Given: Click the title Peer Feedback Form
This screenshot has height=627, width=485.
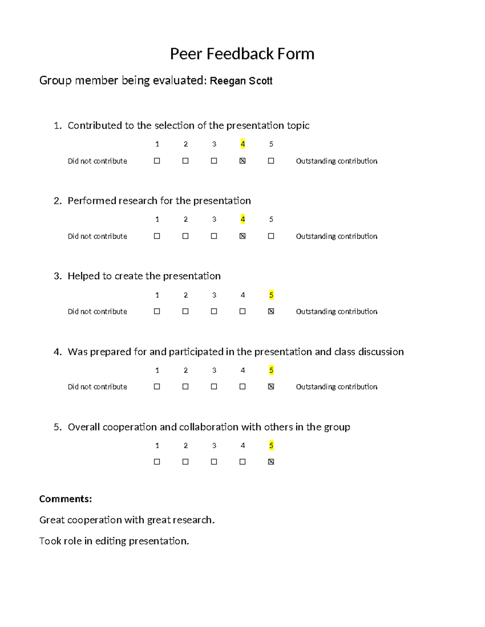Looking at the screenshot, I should pyautogui.click(x=242, y=54).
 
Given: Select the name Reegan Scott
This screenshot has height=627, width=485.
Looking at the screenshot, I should pyautogui.click(x=241, y=81).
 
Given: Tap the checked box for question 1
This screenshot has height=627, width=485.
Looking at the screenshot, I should pyautogui.click(x=242, y=161).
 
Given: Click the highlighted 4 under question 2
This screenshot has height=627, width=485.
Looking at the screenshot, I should pyautogui.click(x=242, y=219).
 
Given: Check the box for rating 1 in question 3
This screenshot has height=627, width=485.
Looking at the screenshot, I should pyautogui.click(x=157, y=311).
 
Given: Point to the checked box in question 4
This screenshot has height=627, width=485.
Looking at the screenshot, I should pyautogui.click(x=271, y=386).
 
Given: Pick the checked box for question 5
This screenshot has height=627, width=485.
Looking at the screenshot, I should pyautogui.click(x=271, y=461).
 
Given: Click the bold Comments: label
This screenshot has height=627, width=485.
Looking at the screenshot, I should pyautogui.click(x=65, y=499).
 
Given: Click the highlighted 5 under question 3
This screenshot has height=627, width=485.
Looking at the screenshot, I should pyautogui.click(x=271, y=295).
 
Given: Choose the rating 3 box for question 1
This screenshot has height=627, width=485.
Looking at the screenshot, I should pyautogui.click(x=214, y=161).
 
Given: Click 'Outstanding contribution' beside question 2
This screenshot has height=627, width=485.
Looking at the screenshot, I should pyautogui.click(x=336, y=236).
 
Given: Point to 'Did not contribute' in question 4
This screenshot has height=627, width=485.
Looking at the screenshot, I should pyautogui.click(x=97, y=387).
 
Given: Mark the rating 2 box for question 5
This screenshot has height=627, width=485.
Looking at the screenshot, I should pyautogui.click(x=186, y=461).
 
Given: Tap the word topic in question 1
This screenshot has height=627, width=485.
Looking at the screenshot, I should pyautogui.click(x=298, y=126).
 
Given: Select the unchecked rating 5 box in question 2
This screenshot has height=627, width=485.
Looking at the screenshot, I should pyautogui.click(x=271, y=236).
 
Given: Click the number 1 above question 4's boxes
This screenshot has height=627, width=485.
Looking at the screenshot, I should pyautogui.click(x=157, y=370).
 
